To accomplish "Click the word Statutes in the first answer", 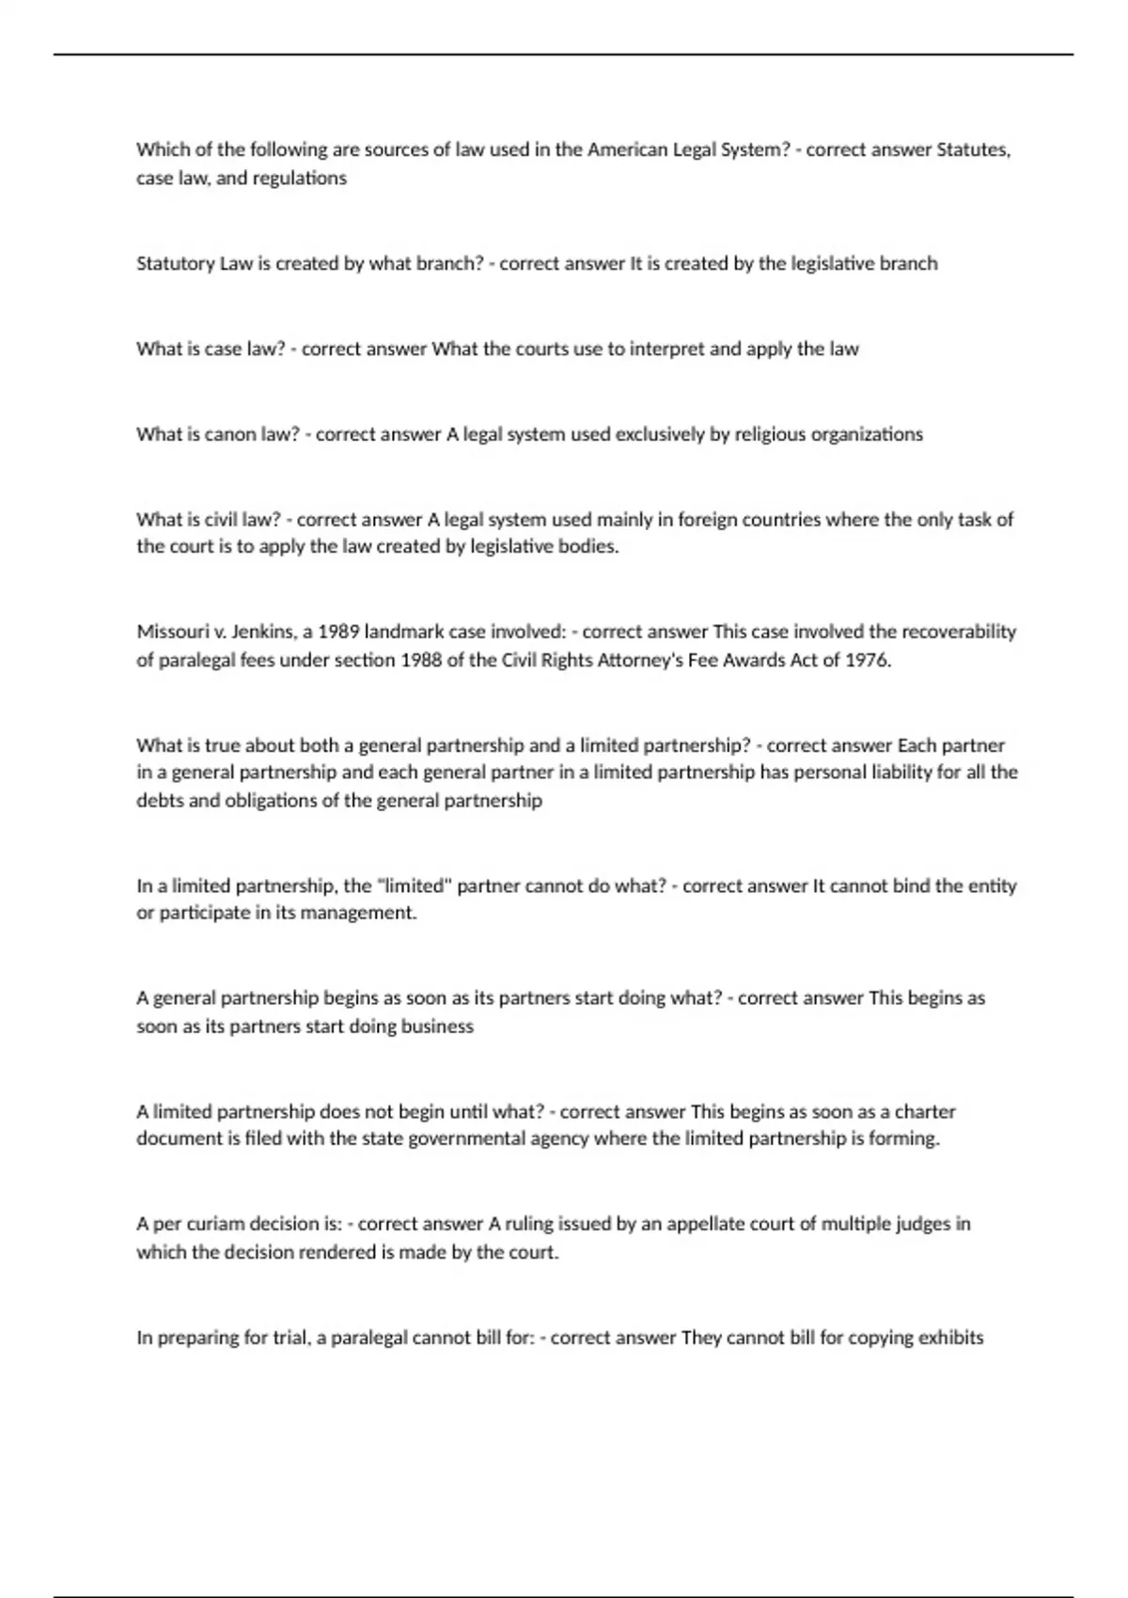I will (974, 149).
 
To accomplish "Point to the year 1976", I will (867, 660).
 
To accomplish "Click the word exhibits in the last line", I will (950, 1338).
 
